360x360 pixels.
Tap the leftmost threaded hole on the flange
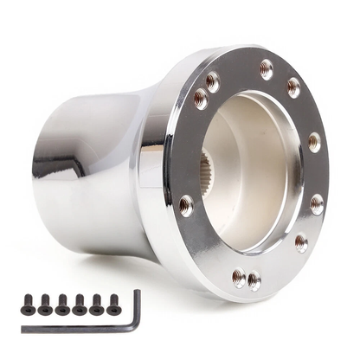(185, 205)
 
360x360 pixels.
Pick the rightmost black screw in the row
(112, 303)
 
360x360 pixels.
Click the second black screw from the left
(44, 304)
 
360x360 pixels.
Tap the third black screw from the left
(61, 304)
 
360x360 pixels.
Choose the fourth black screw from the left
(79, 304)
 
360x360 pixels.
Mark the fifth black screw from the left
(96, 304)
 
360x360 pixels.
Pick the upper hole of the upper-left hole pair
(212, 80)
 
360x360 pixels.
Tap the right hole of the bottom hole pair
(254, 280)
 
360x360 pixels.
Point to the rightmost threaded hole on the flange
(317, 205)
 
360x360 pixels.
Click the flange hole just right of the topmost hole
(293, 87)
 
